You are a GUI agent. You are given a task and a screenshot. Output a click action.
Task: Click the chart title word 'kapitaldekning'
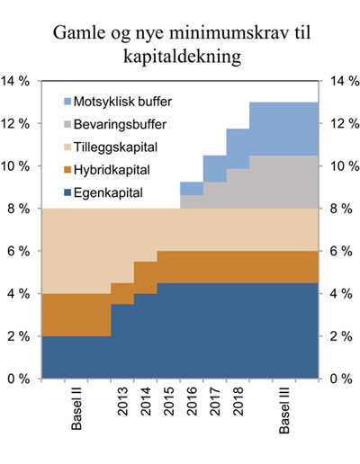[180, 56]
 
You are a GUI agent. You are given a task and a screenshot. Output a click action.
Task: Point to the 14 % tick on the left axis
[16, 81]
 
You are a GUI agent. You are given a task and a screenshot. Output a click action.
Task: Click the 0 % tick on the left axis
[20, 379]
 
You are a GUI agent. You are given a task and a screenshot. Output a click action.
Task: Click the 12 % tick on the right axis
[346, 123]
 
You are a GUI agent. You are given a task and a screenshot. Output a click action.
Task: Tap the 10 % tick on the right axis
[346, 166]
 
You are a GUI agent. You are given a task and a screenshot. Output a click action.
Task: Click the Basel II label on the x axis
[77, 409]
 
